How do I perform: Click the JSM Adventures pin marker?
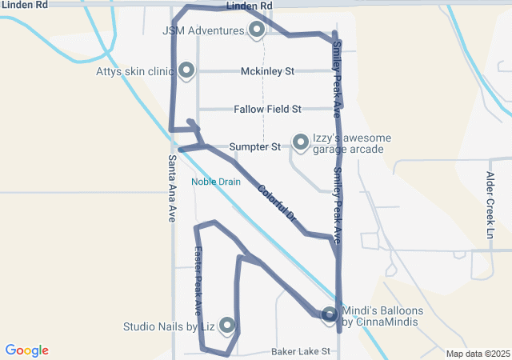tap(257, 30)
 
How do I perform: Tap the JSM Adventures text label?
tap(202, 31)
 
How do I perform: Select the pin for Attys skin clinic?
tap(186, 70)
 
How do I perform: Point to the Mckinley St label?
tap(267, 71)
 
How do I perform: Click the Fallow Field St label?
tap(267, 109)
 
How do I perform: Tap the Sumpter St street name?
tap(254, 147)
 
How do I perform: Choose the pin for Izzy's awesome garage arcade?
tap(301, 142)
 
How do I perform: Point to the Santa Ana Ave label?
tap(172, 187)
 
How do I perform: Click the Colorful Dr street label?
tap(278, 203)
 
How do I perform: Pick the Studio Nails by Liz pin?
tap(227, 325)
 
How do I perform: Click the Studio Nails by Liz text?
tap(169, 326)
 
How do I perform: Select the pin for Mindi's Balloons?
tap(330, 315)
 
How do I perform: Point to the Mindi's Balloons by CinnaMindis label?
tap(382, 316)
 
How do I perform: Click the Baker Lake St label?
tap(300, 351)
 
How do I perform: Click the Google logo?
tap(27, 350)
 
